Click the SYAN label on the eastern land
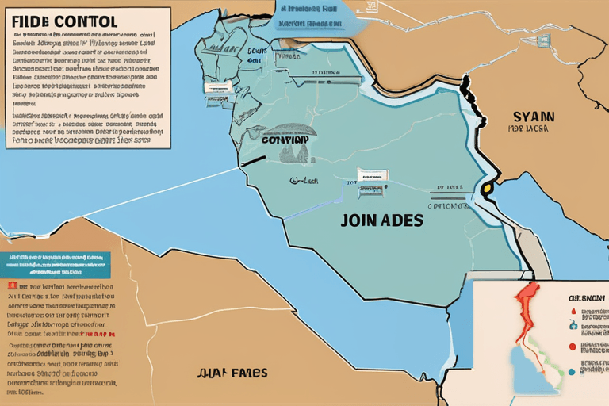[x=533, y=116]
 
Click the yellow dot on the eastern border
[x=486, y=189]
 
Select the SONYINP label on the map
[x=285, y=140]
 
